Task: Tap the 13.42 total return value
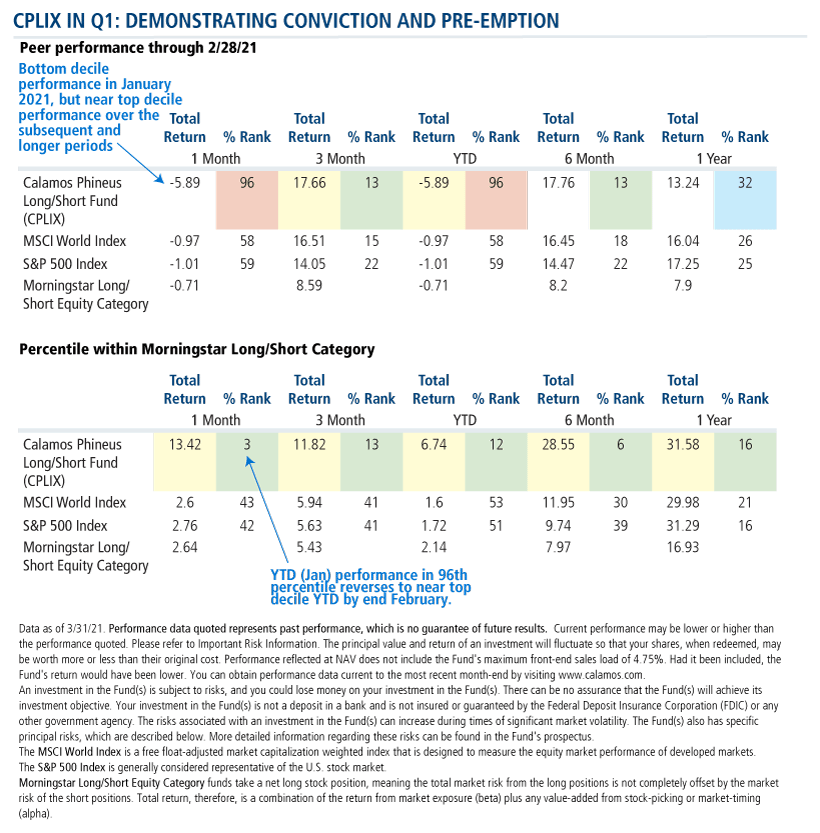coord(184,444)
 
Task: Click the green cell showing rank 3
coord(244,444)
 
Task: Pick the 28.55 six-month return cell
coord(558,444)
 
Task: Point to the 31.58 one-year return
coord(682,444)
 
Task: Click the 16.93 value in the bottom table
coord(682,546)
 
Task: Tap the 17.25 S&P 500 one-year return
coord(682,264)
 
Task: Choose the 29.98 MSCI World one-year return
coord(682,503)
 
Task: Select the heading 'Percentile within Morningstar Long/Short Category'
coord(196,349)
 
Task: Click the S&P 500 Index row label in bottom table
coord(66,525)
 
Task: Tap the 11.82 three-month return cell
coord(308,444)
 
